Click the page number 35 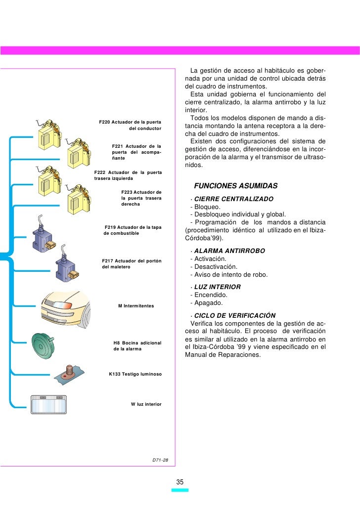pos(180,482)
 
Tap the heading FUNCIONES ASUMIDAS pos(236,186)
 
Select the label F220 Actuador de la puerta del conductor pos(131,125)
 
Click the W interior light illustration pos(48,404)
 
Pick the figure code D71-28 pos(160,460)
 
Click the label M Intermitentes pos(136,306)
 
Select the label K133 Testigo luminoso pos(135,374)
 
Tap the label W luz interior pos(146,404)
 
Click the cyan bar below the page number pos(180,490)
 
